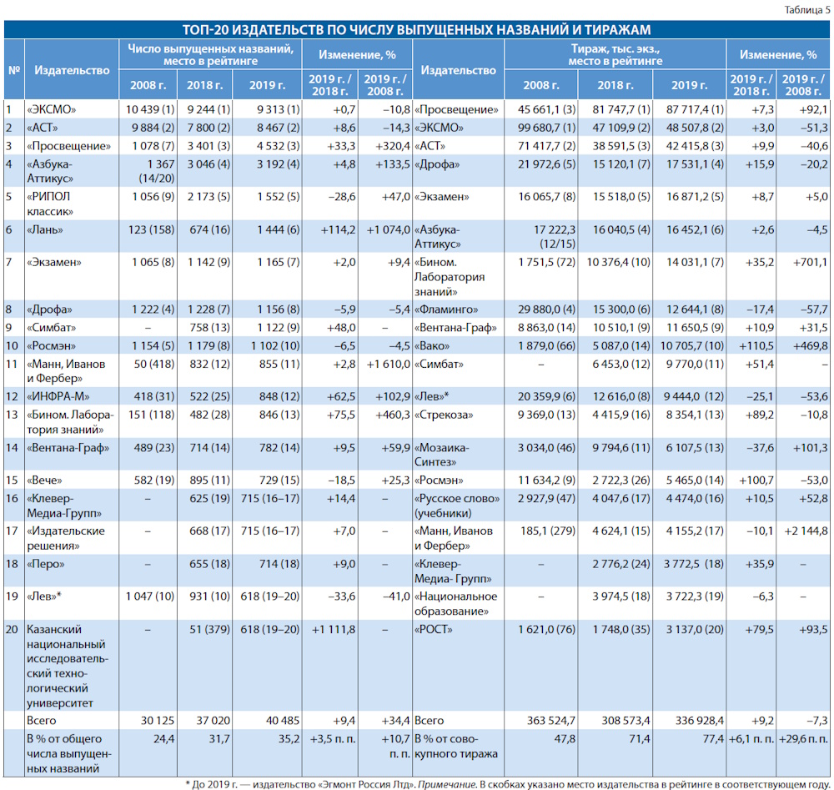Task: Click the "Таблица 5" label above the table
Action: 806,9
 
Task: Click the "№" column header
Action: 14,70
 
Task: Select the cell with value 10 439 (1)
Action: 150,109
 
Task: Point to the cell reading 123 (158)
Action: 151,229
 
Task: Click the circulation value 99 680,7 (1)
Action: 547,128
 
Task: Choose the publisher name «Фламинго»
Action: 445,309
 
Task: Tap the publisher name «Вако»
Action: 432,346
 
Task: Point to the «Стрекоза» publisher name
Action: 444,415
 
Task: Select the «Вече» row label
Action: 44,481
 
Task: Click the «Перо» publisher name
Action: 46,564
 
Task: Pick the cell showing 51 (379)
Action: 209,629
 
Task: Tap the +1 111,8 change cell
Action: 334,629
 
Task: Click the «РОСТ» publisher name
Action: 433,629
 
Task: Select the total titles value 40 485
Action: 283,721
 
